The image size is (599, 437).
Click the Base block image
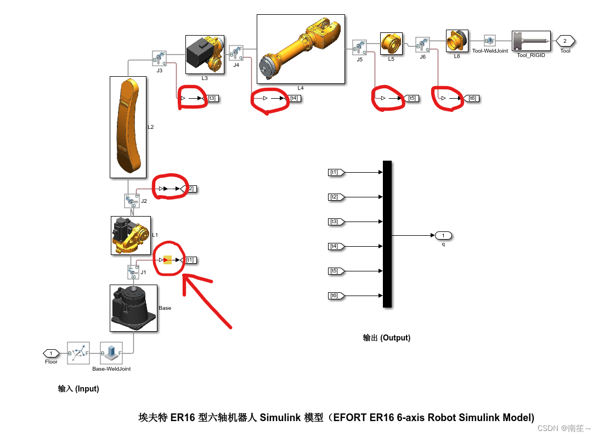point(133,308)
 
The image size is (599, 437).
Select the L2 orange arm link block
point(128,127)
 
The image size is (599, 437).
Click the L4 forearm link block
point(301,49)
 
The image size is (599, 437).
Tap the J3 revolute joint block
point(159,58)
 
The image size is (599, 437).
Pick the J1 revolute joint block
point(132,272)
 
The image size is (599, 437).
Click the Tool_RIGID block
point(531,41)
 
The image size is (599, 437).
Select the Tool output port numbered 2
point(565,41)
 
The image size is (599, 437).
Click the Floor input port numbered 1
point(51,353)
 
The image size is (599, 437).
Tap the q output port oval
point(443,236)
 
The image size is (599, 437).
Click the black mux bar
point(387,234)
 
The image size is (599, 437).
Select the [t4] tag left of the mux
point(335,246)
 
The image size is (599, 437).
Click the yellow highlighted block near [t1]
point(168,260)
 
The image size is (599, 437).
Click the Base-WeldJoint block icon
point(111,353)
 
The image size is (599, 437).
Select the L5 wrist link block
point(391,43)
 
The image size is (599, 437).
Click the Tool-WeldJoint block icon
point(489,41)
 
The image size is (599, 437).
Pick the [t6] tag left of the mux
point(335,296)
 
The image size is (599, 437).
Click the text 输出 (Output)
point(386,338)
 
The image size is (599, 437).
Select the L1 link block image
point(131,235)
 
